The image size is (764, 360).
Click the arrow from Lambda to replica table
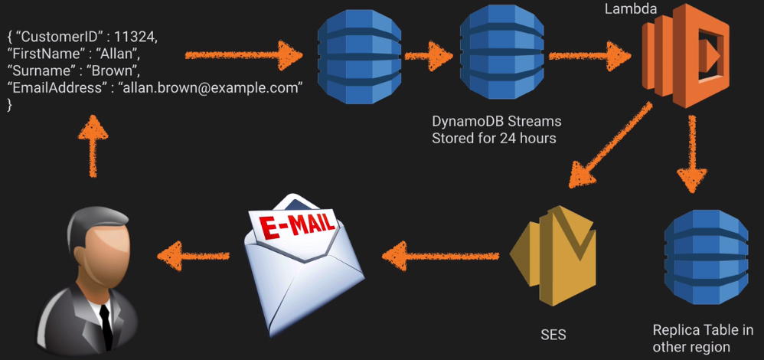692,149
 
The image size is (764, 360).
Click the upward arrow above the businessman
93,146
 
